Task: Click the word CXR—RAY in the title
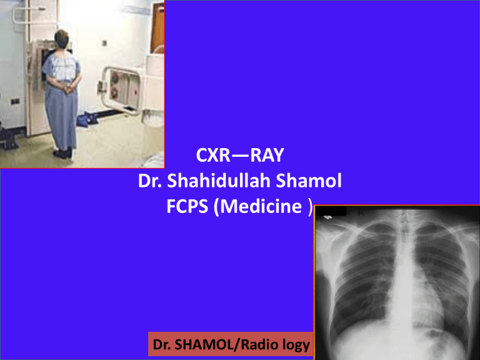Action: [240, 155]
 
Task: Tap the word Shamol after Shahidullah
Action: [309, 181]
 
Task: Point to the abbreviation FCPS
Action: [187, 206]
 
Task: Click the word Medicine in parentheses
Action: [261, 206]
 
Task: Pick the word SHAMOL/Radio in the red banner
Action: [206, 344]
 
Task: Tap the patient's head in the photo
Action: [62, 39]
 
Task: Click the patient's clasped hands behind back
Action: [69, 88]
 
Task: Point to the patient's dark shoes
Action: [62, 152]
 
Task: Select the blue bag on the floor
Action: [87, 119]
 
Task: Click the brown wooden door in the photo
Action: [157, 28]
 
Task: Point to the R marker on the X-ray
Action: [361, 212]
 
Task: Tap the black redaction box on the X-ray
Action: [331, 211]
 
